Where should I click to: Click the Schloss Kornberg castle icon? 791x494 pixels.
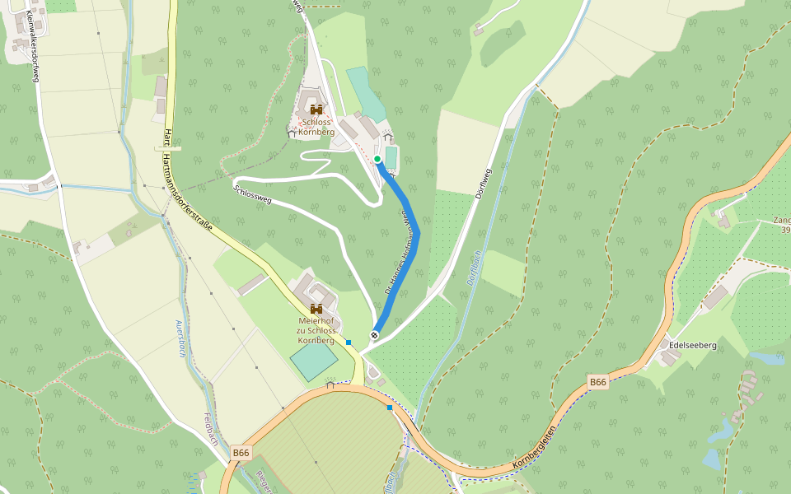coord(316,109)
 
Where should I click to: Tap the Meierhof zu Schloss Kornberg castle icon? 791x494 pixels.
coord(316,309)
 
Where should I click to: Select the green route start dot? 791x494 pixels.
coord(377,159)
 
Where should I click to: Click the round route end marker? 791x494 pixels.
coord(375,335)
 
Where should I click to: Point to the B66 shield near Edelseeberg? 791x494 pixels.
coord(598,382)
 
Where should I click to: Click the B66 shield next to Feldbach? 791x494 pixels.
coord(241,452)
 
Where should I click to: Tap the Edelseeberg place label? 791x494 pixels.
coord(693,345)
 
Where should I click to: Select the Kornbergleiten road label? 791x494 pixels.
coord(535,449)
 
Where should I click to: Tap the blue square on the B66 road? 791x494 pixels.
coord(390,407)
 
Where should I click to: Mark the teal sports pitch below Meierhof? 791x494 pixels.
coord(314,361)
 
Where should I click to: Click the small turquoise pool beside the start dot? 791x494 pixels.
coord(391,156)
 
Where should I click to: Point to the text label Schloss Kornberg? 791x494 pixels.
coord(316,127)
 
